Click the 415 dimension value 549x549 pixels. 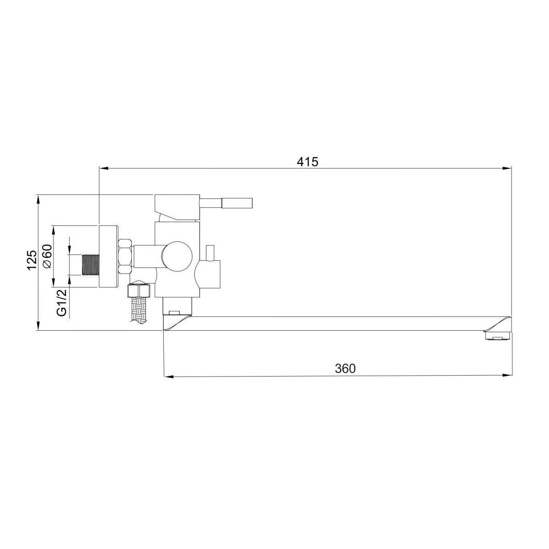pyautogui.click(x=307, y=162)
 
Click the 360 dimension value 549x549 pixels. pyautogui.click(x=345, y=369)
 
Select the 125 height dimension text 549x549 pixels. pyautogui.click(x=32, y=260)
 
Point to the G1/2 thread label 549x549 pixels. pyautogui.click(x=62, y=302)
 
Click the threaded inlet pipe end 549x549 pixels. pyautogui.click(x=90, y=265)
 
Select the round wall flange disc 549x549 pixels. pyautogui.click(x=108, y=256)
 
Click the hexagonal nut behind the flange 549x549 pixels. pyautogui.click(x=125, y=256)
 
